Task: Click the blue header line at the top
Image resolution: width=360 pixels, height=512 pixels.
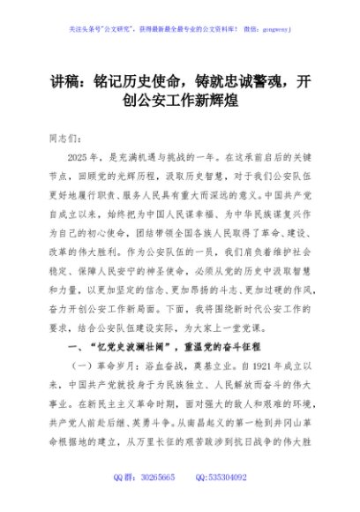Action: [x=179, y=28]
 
